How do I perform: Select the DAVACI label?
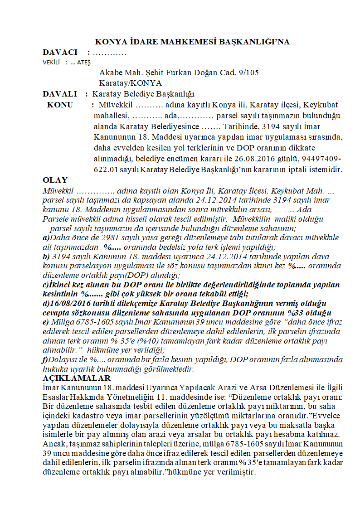[x=60, y=53]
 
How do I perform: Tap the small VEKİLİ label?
[x=52, y=63]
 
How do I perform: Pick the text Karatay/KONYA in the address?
[x=130, y=83]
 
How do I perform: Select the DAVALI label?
[x=60, y=94]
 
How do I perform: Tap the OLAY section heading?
[x=55, y=180]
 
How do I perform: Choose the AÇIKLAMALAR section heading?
[x=76, y=378]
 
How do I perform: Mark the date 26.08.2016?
[x=283, y=159]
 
